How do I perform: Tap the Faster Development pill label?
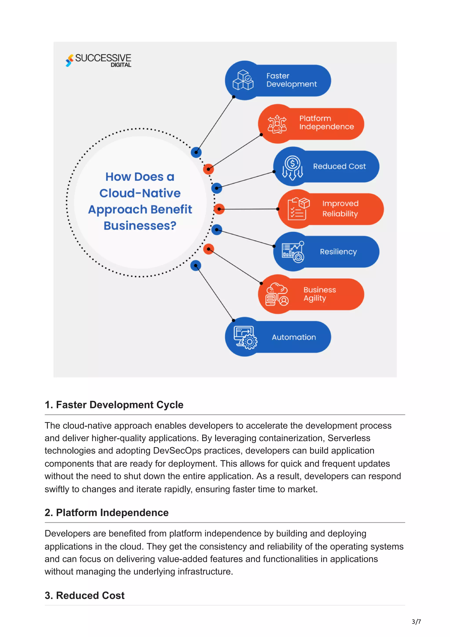pyautogui.click(x=291, y=80)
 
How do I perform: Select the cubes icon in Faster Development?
pyautogui.click(x=243, y=80)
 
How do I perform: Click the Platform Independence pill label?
pyautogui.click(x=326, y=123)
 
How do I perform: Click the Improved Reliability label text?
pyautogui.click(x=340, y=209)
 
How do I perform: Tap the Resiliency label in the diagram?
pyautogui.click(x=338, y=252)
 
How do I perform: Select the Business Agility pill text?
pyautogui.click(x=319, y=294)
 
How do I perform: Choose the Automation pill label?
pyautogui.click(x=294, y=337)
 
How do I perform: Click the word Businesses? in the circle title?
pyautogui.click(x=140, y=226)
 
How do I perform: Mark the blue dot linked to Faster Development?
pyautogui.click(x=196, y=152)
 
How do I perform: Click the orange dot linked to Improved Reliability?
pyautogui.click(x=219, y=209)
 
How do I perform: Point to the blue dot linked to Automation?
pyautogui.click(x=196, y=266)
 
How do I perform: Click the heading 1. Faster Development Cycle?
pyautogui.click(x=114, y=405)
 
